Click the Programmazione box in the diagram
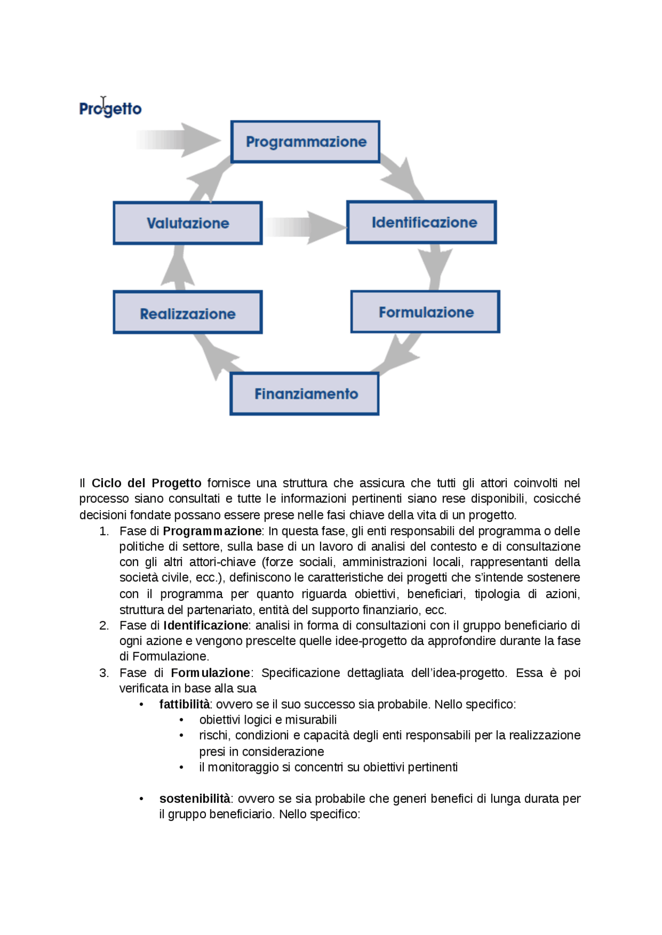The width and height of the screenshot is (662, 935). pyautogui.click(x=305, y=142)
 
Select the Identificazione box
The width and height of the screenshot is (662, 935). pyautogui.click(x=422, y=222)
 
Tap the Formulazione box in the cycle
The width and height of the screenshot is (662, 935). pyautogui.click(x=425, y=312)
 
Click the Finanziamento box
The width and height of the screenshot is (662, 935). pyautogui.click(x=305, y=394)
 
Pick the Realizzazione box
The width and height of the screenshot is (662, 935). pyautogui.click(x=188, y=312)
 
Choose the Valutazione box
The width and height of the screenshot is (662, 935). pyautogui.click(x=188, y=223)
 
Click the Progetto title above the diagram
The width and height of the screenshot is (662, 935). pyautogui.click(x=110, y=109)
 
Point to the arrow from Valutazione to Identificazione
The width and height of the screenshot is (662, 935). pyautogui.click(x=305, y=227)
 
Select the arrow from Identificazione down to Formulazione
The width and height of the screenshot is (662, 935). pyautogui.click(x=435, y=267)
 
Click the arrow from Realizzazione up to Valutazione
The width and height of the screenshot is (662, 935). pyautogui.click(x=178, y=268)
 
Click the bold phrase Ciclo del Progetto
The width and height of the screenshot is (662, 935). pyautogui.click(x=146, y=483)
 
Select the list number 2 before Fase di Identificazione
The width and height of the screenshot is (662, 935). pyautogui.click(x=104, y=625)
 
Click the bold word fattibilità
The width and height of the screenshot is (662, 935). pyautogui.click(x=184, y=704)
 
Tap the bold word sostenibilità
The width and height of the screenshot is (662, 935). pyautogui.click(x=194, y=799)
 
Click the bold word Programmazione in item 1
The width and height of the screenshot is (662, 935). pyautogui.click(x=212, y=531)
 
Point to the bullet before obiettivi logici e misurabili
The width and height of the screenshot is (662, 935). pyautogui.click(x=181, y=720)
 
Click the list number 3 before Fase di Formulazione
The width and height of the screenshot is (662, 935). pyautogui.click(x=104, y=673)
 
